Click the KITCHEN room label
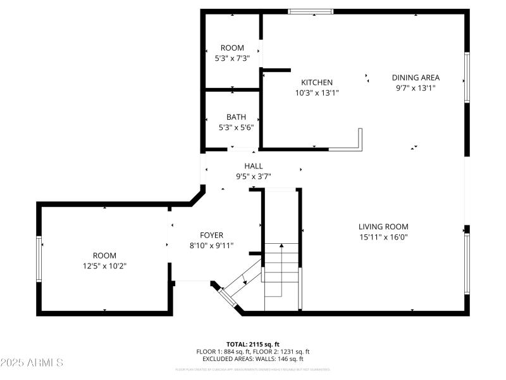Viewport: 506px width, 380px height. (x=316, y=82)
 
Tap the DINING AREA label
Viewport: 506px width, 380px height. (x=416, y=78)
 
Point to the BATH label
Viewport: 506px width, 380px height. (x=232, y=117)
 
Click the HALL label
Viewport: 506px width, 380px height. (x=253, y=166)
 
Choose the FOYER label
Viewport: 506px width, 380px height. (x=211, y=235)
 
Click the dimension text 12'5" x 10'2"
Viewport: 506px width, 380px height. (x=104, y=265)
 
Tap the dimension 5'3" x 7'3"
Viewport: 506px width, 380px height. (x=232, y=58)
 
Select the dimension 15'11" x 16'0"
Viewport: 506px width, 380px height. (x=383, y=237)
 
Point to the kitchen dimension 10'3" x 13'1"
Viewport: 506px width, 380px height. (x=316, y=93)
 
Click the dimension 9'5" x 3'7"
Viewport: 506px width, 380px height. (x=253, y=177)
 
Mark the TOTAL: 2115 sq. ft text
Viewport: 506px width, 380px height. (x=253, y=344)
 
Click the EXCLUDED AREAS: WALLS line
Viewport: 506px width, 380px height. (x=253, y=359)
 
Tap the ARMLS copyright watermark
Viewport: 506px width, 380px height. (x=32, y=363)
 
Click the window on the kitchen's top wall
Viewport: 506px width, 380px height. (x=311, y=11)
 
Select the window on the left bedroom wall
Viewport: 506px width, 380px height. (x=39, y=258)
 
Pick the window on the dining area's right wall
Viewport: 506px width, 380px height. (x=467, y=77)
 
